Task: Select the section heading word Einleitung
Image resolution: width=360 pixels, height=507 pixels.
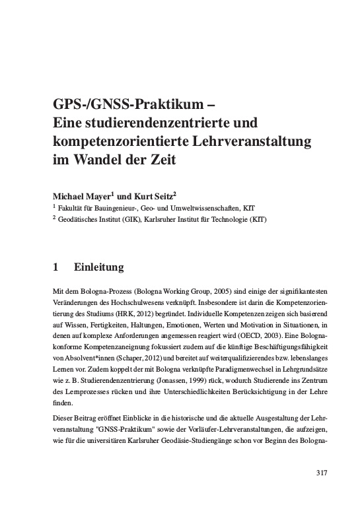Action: (98, 268)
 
